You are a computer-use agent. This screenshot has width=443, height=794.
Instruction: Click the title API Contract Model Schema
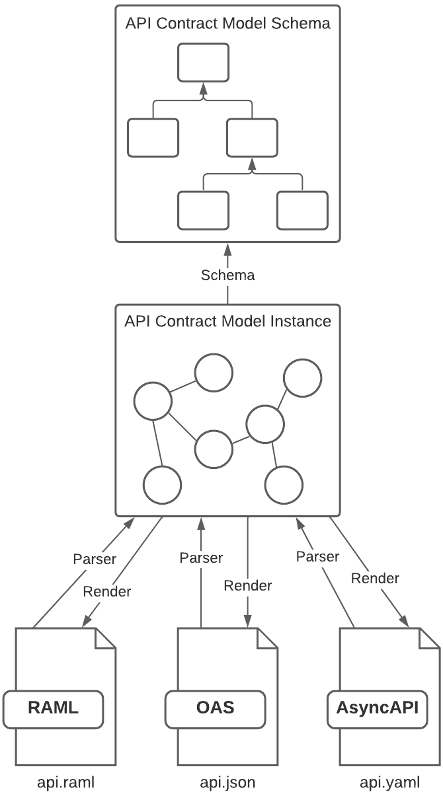coord(227,24)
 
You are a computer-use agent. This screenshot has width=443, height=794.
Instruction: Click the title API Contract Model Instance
coord(227,322)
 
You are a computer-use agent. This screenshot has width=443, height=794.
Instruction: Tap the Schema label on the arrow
coord(227,275)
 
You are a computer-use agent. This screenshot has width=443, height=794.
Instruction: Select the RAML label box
coord(53,708)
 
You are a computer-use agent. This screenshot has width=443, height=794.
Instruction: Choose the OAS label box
coord(215,708)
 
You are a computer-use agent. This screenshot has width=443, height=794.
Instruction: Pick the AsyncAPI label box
coord(377,708)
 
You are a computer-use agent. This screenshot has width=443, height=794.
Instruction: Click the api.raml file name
coord(65,783)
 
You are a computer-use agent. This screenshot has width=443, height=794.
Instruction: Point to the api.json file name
coord(227,783)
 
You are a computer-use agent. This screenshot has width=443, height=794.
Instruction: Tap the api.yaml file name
coord(389,783)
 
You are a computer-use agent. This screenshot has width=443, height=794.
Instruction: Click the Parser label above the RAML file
coord(94,559)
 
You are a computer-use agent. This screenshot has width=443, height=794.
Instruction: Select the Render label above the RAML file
coord(107,591)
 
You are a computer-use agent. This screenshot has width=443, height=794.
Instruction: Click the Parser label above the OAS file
coord(201,558)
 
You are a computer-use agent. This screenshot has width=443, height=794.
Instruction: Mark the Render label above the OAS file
coord(248,585)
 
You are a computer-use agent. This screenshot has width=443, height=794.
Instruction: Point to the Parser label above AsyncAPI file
coord(317,556)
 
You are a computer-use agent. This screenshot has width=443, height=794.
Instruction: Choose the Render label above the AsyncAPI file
coord(375,579)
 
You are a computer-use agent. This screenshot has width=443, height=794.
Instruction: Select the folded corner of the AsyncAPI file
coord(430,637)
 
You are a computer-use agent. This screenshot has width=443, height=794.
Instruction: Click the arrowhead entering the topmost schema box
coord(203,89)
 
